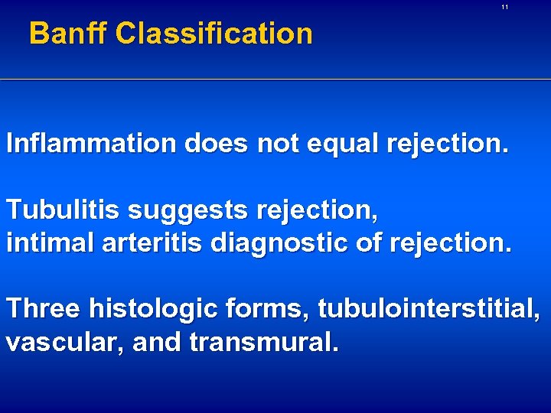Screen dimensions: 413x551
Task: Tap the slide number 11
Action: pos(504,7)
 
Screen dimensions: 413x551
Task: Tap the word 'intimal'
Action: pos(46,242)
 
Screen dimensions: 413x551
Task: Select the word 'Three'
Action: pos(44,309)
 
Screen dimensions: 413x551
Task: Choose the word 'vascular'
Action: pos(65,342)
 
